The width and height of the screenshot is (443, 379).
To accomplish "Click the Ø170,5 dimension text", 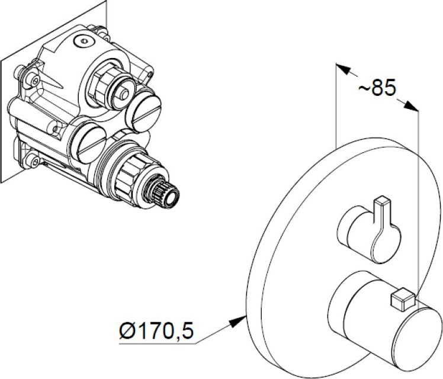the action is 157,330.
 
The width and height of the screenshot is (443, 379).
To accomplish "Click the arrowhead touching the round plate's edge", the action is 238,322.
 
